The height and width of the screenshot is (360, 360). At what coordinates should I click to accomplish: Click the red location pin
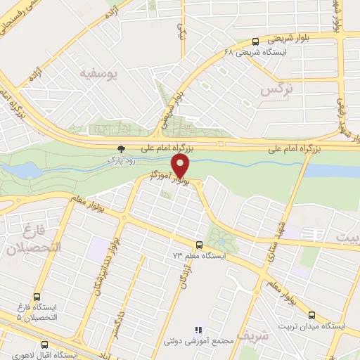pyautogui.click(x=181, y=167)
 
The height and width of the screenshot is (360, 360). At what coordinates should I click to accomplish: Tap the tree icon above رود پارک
pyautogui.click(x=120, y=149)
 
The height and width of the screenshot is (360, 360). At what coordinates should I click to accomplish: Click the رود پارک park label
pyautogui.click(x=120, y=160)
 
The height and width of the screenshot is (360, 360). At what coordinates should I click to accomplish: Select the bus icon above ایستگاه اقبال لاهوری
pyautogui.click(x=45, y=345)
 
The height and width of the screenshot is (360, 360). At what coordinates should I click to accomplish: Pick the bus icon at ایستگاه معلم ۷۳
pyautogui.click(x=200, y=245)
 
